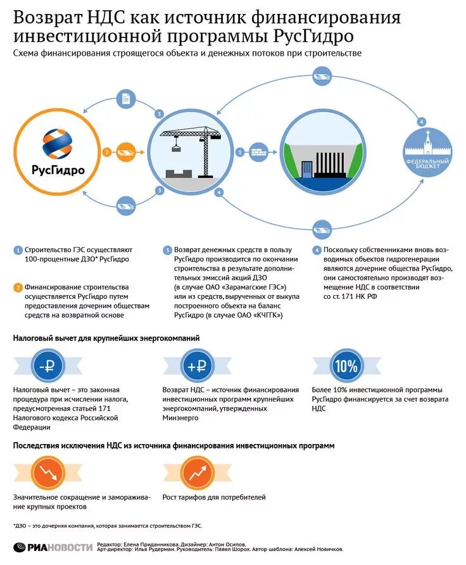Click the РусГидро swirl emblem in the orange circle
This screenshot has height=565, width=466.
pyautogui.click(x=58, y=143)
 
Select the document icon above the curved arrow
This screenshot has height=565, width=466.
pyautogui.click(x=127, y=99)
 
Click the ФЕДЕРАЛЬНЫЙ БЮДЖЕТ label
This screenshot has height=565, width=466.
pyautogui.click(x=427, y=164)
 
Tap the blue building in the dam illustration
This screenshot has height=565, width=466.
pyautogui.click(x=307, y=169)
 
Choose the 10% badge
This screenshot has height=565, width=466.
pyautogui.click(x=345, y=366)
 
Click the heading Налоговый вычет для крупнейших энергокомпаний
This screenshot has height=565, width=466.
pyautogui.click(x=106, y=338)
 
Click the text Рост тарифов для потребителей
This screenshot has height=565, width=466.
pyautogui.click(x=214, y=497)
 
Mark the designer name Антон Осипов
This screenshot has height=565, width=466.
pyautogui.click(x=228, y=544)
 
